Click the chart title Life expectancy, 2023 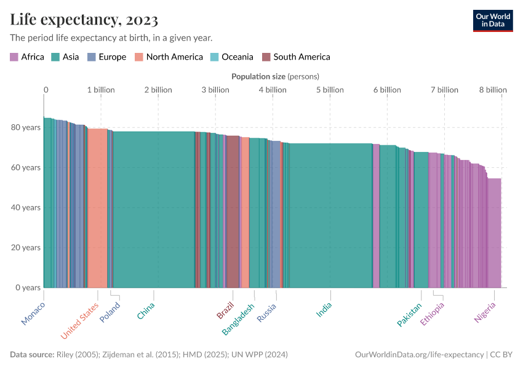84,20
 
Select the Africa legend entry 27,57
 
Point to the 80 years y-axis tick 27,127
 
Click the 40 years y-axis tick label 27,207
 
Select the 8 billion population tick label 493,90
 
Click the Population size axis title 274,76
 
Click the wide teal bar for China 154,209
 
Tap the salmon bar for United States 97,209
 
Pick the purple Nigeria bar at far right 494,234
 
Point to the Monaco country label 33,313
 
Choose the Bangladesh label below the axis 238,319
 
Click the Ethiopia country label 432,314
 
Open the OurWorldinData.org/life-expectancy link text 419,355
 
